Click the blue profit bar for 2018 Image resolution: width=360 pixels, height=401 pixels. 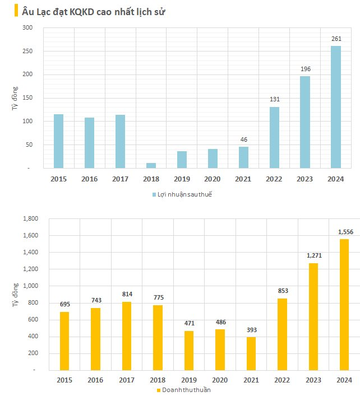point(151,165)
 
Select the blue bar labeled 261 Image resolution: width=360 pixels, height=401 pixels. point(335,107)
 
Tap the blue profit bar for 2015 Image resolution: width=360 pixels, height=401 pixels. point(58,141)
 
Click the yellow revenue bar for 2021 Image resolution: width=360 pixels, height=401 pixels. point(251,353)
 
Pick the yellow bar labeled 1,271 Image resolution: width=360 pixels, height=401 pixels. point(313,316)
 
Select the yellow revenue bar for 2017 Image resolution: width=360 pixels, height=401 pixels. point(127,336)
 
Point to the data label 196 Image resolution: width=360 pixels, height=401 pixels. point(305,69)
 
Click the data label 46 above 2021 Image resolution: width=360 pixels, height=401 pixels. point(243,139)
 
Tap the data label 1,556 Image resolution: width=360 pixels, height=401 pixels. point(344,231)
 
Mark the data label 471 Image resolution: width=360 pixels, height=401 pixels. point(189,323)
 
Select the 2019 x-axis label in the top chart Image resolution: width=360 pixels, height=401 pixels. point(182,179)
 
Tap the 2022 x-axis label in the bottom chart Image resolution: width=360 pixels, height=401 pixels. point(282,380)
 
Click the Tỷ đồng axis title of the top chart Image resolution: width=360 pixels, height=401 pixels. point(15,97)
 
